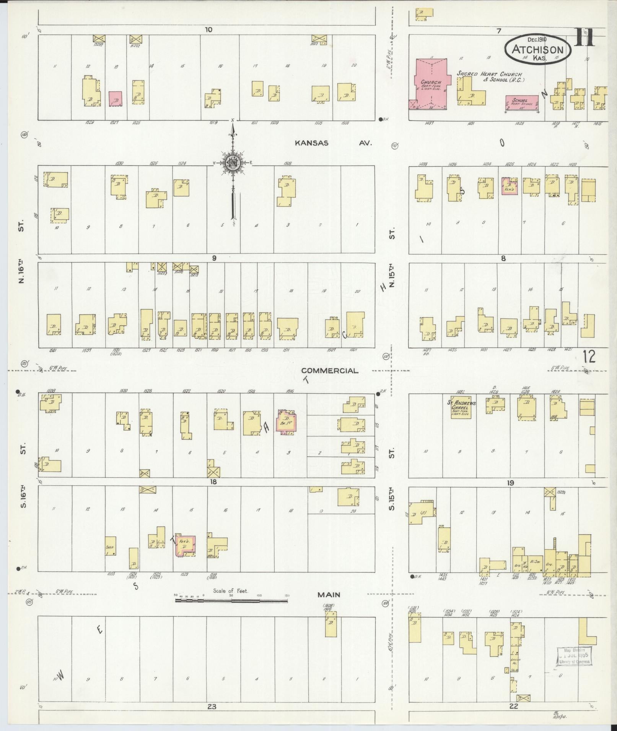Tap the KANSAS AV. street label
333,143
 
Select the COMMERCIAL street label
330,371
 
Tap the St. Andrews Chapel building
461,409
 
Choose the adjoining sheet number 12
589,357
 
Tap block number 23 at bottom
212,707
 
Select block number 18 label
213,482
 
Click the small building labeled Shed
111,546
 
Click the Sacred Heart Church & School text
490,76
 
